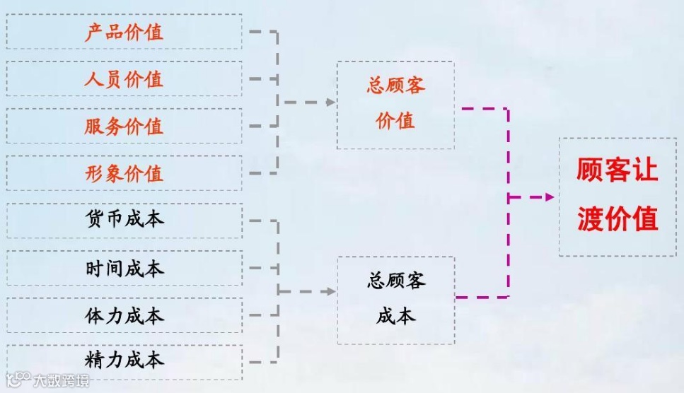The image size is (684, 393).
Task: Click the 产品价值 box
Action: pos(124,32)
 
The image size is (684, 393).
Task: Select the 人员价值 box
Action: pos(124,78)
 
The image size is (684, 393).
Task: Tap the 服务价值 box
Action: pos(124,126)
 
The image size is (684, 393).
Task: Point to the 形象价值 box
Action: pos(124,173)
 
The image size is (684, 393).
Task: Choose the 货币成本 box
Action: pos(124,220)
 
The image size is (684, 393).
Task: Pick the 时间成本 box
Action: pos(124,268)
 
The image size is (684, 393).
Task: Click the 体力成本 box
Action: pos(124,315)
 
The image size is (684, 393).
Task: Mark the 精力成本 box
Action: pos(124,361)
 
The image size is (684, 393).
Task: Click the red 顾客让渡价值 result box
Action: pos(617,196)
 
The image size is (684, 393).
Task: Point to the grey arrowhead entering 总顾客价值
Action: pos(330,102)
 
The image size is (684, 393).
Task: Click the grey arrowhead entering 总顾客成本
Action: pos(330,291)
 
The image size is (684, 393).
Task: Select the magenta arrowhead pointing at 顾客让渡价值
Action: pos(550,197)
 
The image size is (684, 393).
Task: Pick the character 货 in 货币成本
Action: pos(94,220)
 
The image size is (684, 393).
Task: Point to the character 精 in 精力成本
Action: pos(94,361)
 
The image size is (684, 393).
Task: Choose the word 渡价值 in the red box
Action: pos(617,218)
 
